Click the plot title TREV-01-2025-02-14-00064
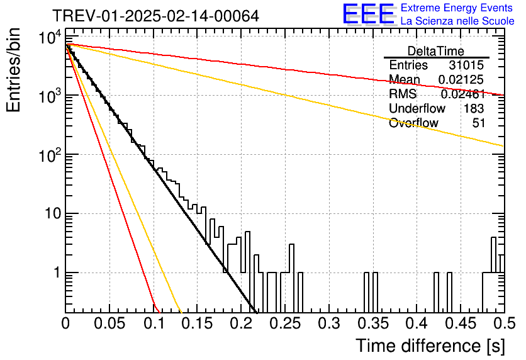tap(155, 16)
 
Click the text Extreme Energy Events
tap(457, 8)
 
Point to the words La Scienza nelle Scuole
tap(457, 21)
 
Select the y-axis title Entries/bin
tap(13, 70)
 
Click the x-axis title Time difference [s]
tap(430, 346)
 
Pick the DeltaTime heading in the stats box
tap(436, 51)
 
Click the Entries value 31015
tap(466, 65)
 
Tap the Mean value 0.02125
tap(461, 79)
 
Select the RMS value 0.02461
tap(463, 94)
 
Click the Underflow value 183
tap(474, 108)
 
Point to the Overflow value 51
tap(479, 123)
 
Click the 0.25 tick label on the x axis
tap(285, 323)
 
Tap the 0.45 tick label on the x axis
tap(461, 323)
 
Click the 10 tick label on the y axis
tap(53, 213)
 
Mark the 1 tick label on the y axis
tap(57, 273)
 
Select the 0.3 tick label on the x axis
tap(329, 323)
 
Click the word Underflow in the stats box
tap(417, 108)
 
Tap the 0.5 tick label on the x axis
tap(504, 323)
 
